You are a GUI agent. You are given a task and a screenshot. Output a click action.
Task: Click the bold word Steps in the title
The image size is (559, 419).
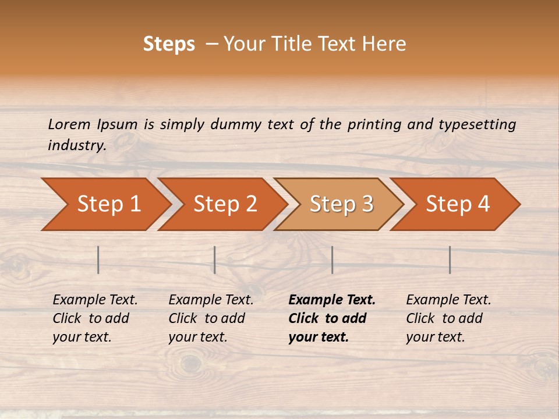[x=169, y=44]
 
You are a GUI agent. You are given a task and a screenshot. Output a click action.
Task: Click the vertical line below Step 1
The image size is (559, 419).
[x=98, y=260]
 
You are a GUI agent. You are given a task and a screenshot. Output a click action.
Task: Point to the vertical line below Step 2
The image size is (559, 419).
[x=215, y=260]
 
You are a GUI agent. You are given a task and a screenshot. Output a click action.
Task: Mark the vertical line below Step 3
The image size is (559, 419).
[x=332, y=260]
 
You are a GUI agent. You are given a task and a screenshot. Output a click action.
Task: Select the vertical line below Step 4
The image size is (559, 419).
[x=450, y=260]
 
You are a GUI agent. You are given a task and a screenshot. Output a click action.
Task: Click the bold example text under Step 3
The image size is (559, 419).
[x=331, y=318]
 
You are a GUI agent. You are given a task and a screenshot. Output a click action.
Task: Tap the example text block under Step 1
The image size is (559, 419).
[x=95, y=318]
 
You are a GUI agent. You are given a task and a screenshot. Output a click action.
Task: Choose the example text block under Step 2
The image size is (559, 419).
[x=211, y=318]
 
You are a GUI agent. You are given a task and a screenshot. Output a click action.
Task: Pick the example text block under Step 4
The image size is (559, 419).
[x=448, y=318]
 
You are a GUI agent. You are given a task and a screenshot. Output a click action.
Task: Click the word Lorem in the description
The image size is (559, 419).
[x=69, y=124]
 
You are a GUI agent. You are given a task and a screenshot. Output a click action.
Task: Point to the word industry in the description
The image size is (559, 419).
[x=76, y=145]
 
